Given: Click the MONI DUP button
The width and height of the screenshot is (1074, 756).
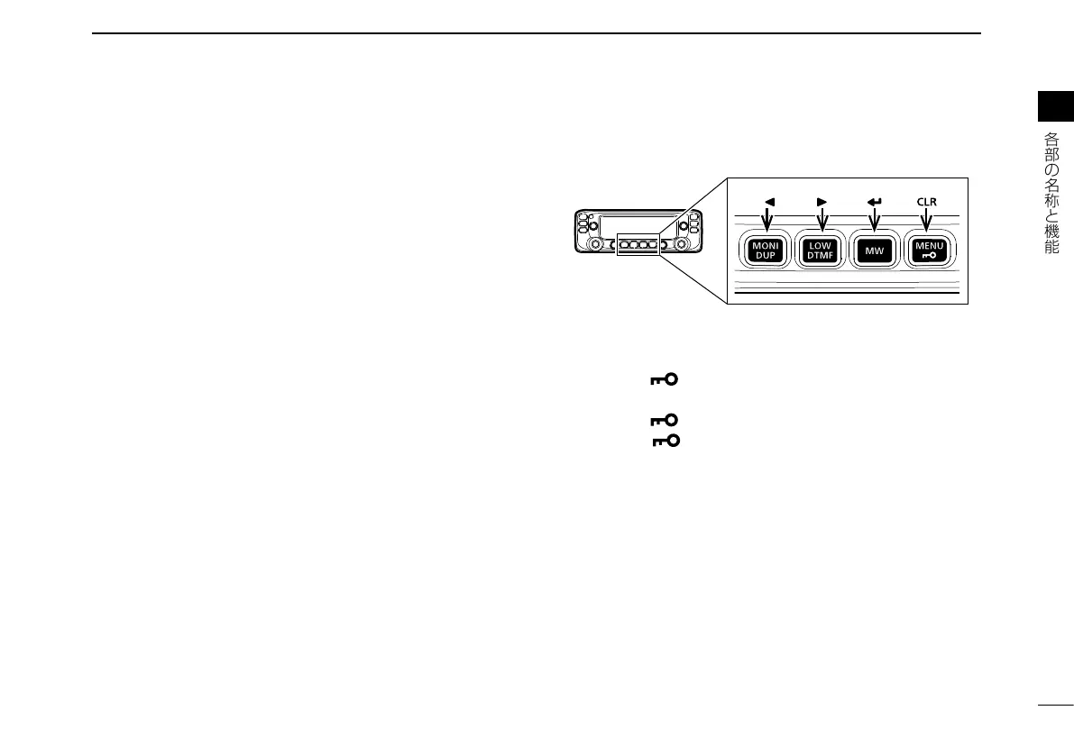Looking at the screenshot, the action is [766, 250].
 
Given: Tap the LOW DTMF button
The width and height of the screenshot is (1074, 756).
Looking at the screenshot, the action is [821, 250].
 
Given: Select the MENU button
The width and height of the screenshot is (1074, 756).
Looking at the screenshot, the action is [927, 250].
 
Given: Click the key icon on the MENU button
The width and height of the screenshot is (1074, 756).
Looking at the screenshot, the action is [927, 256].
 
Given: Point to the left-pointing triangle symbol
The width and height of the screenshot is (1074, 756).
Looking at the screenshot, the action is [767, 202].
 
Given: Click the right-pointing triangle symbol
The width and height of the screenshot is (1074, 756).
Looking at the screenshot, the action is [822, 202].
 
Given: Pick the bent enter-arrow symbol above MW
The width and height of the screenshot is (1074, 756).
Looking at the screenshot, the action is [874, 202].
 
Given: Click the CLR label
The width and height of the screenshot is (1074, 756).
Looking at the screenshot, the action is [927, 202].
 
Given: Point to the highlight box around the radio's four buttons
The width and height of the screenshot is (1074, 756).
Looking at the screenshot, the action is [638, 244].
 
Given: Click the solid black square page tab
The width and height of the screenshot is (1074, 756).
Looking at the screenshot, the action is [1055, 106].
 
